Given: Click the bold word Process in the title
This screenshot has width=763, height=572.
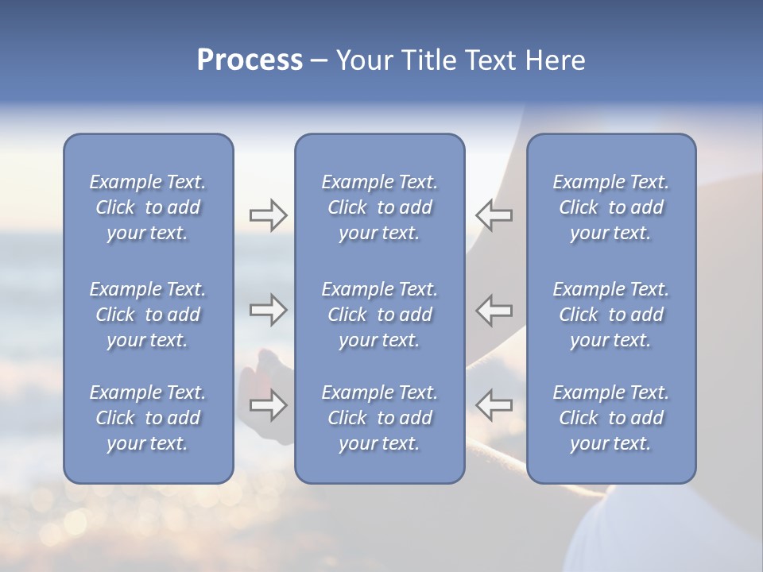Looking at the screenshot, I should [x=250, y=60].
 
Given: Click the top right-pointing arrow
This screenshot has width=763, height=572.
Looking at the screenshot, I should [x=268, y=215].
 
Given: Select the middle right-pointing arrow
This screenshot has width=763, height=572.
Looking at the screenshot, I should [x=268, y=310].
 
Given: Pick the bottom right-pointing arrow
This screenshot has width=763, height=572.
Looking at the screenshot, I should [x=268, y=405].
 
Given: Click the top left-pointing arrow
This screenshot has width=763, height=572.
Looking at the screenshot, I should [x=494, y=215].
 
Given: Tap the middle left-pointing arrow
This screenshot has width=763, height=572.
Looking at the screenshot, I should [x=494, y=310].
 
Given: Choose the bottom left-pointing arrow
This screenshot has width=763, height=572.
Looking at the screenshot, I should [x=494, y=405].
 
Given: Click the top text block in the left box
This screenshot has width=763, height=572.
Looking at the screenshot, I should [x=148, y=207].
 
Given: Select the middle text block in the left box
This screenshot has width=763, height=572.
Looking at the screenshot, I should [x=148, y=315].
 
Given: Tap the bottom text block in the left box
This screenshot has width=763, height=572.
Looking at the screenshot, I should [x=148, y=418].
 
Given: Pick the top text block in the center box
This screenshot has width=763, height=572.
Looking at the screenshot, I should [x=380, y=207].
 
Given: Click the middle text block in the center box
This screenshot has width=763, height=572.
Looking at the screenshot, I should [x=380, y=315].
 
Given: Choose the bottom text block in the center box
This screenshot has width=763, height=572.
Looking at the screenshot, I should [x=380, y=418].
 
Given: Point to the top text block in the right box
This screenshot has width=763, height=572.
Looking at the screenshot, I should [x=611, y=207].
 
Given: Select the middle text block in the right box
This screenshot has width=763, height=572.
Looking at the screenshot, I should [x=611, y=315].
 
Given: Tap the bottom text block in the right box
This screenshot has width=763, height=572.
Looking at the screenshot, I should [x=611, y=418].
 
